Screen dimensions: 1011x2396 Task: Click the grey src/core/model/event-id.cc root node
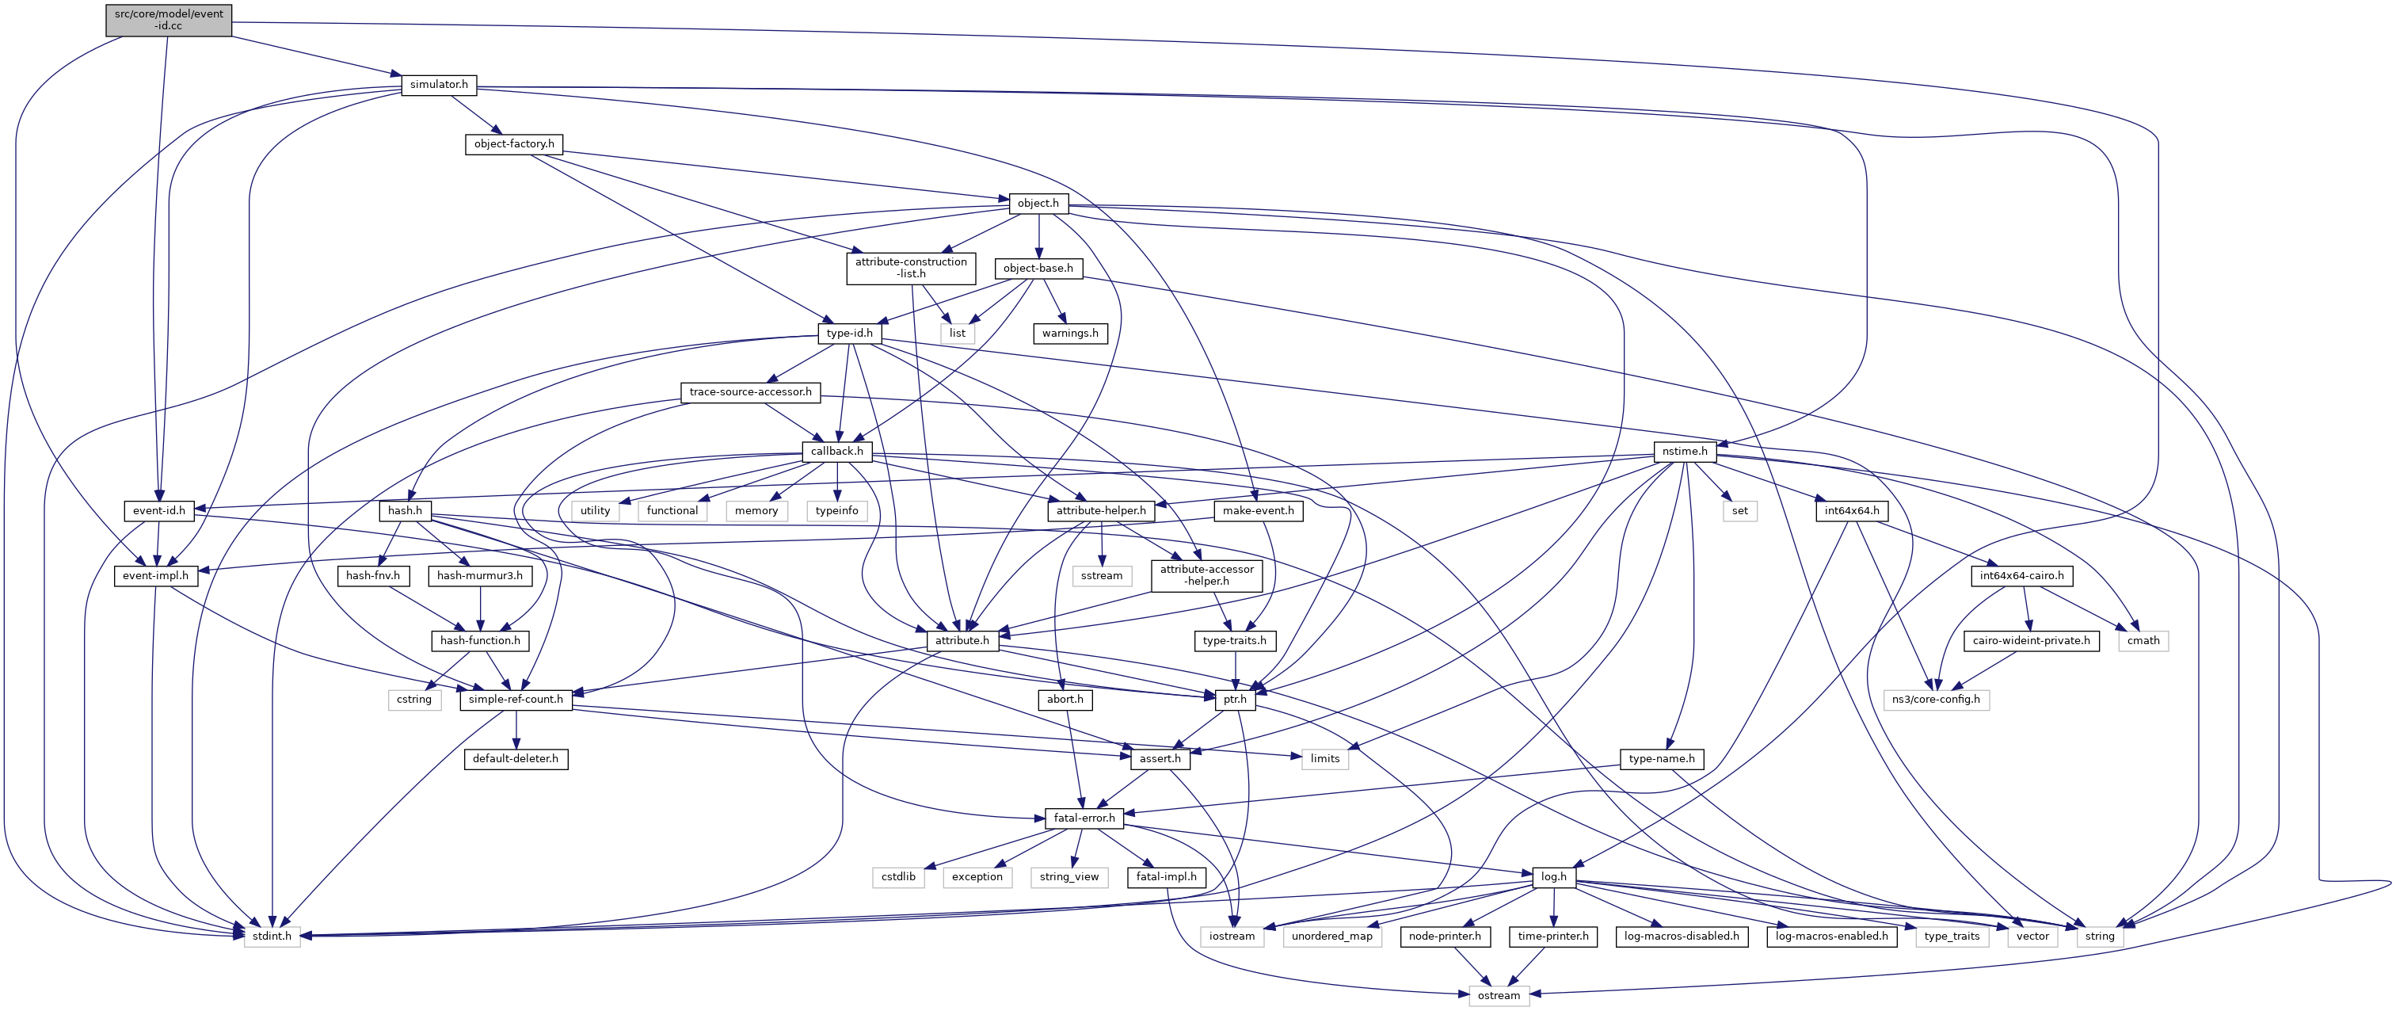point(169,21)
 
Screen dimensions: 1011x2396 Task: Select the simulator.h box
point(439,85)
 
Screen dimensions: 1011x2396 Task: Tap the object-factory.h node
point(513,144)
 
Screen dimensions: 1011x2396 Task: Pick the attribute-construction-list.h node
point(911,268)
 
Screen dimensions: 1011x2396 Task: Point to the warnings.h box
point(1069,333)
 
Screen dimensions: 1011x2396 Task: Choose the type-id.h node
point(849,333)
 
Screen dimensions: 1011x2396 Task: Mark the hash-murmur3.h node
point(480,576)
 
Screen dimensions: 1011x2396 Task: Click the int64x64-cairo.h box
point(2021,576)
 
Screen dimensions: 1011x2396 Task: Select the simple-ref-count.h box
point(516,700)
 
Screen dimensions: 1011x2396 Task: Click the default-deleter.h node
point(516,759)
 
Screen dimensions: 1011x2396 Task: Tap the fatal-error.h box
point(1084,818)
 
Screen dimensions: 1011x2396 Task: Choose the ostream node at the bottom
point(1499,995)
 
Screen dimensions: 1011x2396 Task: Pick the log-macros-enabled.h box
point(1831,937)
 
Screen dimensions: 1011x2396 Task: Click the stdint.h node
point(272,937)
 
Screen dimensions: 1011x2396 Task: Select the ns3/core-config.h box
point(1937,700)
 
